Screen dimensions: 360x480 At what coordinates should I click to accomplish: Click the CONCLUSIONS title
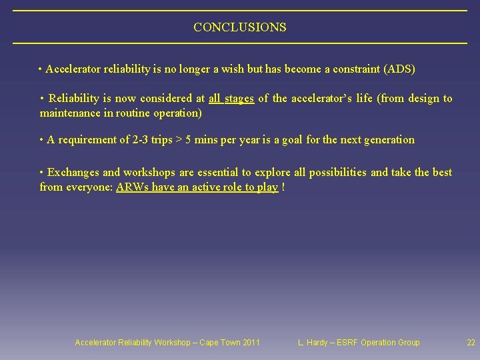(240, 27)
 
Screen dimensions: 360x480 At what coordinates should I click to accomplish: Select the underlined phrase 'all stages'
(231, 99)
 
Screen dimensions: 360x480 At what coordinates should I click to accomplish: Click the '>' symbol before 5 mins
(178, 140)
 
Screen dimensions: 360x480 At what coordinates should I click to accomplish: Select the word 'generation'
(389, 140)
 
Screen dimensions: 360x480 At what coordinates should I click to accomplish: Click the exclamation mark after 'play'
(283, 187)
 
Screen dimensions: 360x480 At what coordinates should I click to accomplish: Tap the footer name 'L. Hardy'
(313, 343)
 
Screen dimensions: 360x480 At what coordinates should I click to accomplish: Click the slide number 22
(471, 343)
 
